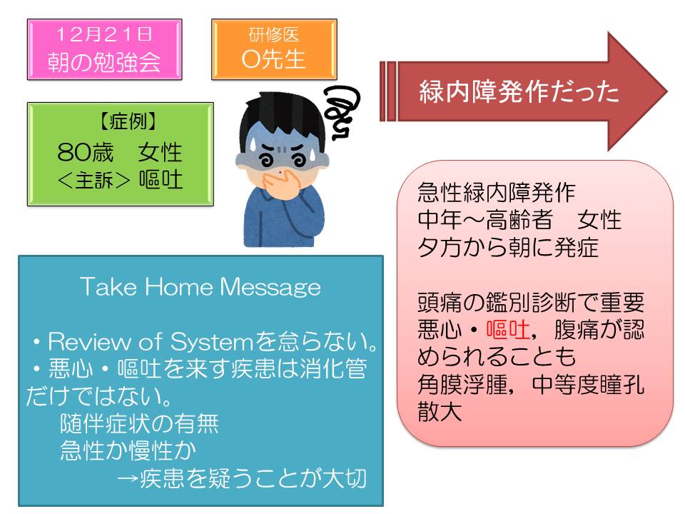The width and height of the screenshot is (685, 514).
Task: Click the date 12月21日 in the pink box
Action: pyautogui.click(x=104, y=34)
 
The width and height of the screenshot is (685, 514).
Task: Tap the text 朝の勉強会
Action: pyautogui.click(x=104, y=61)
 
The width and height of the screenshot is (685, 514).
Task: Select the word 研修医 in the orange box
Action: pyautogui.click(x=274, y=35)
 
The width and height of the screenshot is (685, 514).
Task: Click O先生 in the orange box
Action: pyautogui.click(x=274, y=59)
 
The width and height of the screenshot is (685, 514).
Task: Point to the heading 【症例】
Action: pyautogui.click(x=128, y=121)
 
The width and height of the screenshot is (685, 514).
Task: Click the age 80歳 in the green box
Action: pyautogui.click(x=85, y=152)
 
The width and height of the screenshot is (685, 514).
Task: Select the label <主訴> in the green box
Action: pyautogui.click(x=93, y=180)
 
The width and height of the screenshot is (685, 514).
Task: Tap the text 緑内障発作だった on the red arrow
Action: pyautogui.click(x=519, y=91)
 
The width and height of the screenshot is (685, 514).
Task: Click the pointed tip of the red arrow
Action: pyautogui.click(x=668, y=92)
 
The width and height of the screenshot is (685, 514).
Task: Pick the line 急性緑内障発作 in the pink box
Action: pyautogui.click(x=497, y=192)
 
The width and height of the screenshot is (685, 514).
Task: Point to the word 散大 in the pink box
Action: pyautogui.click(x=440, y=412)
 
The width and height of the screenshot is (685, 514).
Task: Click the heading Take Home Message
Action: pyautogui.click(x=200, y=287)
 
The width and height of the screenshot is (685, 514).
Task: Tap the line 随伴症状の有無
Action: pyautogui.click(x=139, y=423)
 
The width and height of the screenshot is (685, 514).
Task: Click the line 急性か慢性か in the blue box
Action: pyautogui.click(x=128, y=450)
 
